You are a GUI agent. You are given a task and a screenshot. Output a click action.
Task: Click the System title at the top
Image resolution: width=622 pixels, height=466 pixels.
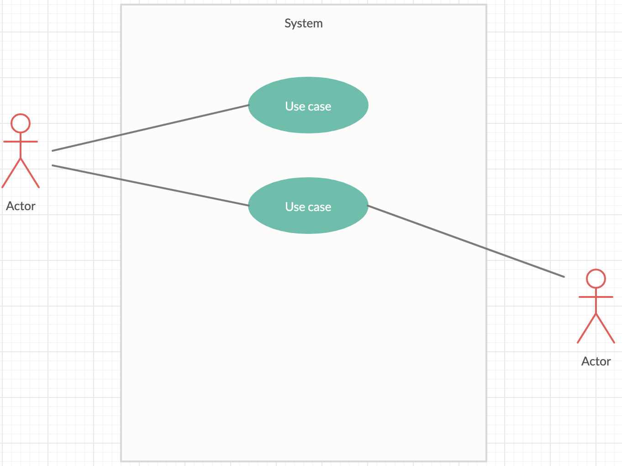[303, 23]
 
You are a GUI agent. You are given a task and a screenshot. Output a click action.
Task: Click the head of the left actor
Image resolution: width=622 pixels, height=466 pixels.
[21, 123]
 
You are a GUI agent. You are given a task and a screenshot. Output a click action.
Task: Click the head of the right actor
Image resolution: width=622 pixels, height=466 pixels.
[596, 279]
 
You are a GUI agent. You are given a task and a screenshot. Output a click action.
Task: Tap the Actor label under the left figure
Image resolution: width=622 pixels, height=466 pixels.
[21, 206]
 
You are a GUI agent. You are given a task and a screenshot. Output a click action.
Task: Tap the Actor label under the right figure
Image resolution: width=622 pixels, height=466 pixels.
[596, 361]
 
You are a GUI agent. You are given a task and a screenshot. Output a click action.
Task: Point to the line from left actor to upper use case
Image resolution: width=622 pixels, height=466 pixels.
[151, 128]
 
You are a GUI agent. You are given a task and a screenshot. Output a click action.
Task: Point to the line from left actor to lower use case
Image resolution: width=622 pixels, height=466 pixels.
[151, 185]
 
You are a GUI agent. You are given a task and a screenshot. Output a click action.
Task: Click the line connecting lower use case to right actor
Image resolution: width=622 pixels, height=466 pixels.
[466, 241]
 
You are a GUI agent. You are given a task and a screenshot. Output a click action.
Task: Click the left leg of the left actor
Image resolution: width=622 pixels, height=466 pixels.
[11, 174]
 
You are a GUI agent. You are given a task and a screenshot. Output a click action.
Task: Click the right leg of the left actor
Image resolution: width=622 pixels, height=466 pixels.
[30, 174]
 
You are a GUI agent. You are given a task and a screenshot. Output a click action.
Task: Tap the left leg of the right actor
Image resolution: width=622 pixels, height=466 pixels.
[587, 329]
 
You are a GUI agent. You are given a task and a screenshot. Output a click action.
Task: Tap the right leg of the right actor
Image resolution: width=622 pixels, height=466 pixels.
[606, 329]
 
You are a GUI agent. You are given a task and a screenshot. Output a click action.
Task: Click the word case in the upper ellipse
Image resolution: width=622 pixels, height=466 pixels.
[319, 107]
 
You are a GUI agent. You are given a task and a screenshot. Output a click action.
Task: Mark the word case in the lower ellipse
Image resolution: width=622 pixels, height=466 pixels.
[319, 207]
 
